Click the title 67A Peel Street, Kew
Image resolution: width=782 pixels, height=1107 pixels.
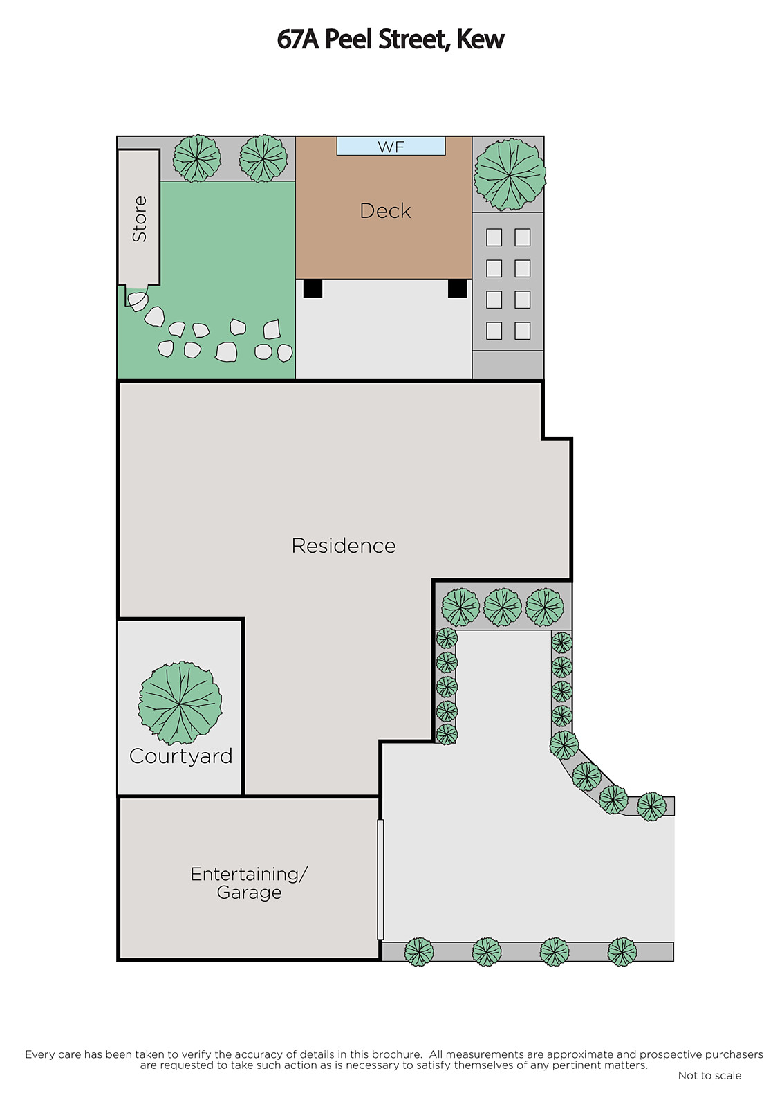point(390,39)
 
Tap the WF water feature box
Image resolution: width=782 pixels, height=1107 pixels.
point(391,146)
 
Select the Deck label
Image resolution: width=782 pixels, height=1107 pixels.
point(385,211)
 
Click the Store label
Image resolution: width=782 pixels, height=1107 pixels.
point(139,219)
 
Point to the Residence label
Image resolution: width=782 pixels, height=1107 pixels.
point(344,546)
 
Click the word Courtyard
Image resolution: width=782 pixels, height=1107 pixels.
point(180,757)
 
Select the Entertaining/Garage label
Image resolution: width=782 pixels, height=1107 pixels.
point(249,883)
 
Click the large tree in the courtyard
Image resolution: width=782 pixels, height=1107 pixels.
point(180,703)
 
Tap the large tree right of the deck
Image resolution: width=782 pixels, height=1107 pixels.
point(510,174)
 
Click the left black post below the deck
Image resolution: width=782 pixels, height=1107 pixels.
point(313,289)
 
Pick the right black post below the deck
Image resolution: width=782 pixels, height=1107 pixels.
point(458,289)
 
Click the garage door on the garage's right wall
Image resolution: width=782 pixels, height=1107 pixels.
point(380,879)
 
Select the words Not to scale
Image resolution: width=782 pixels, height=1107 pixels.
point(709,1075)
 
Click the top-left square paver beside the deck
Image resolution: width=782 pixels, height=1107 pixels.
point(494,238)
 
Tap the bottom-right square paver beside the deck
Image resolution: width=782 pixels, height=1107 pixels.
point(522,331)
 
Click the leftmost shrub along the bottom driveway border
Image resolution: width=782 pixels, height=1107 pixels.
point(419,952)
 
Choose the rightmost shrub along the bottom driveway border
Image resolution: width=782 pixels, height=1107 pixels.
point(622,952)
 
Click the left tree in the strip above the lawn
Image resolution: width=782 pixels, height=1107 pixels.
point(197,158)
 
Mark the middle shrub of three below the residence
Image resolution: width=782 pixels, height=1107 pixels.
point(503,607)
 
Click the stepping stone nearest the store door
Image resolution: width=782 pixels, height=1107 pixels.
point(138,301)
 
